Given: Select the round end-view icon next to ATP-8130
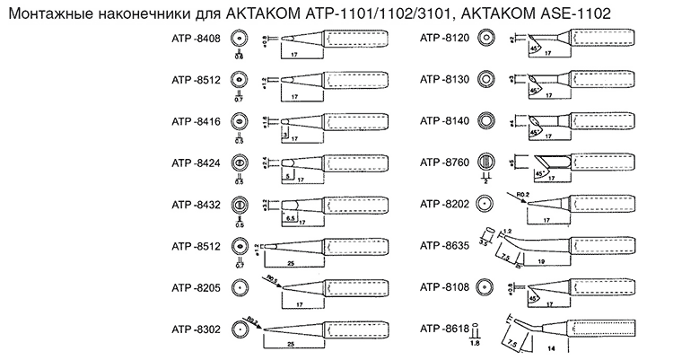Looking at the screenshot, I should [487, 80].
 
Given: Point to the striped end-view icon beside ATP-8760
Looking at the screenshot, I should [487, 162].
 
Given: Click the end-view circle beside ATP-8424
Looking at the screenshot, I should [240, 162].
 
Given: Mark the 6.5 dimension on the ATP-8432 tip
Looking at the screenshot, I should [291, 217].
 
